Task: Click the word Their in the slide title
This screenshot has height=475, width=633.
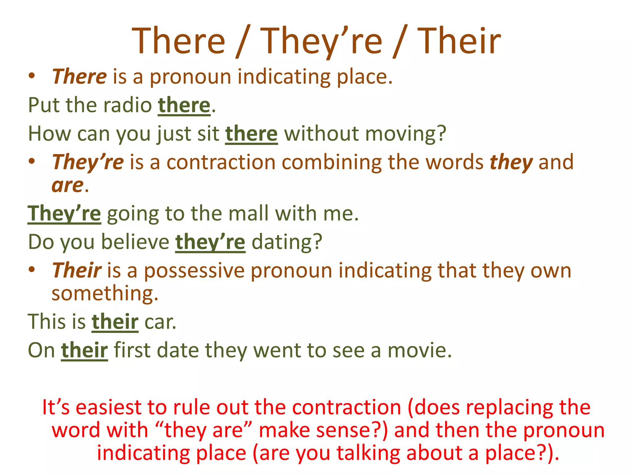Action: pyautogui.click(x=459, y=41)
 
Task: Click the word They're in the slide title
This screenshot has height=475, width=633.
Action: pyautogui.click(x=321, y=41)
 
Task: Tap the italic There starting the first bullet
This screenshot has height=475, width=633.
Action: pyautogui.click(x=79, y=76)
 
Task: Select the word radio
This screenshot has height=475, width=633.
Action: pyautogui.click(x=127, y=105)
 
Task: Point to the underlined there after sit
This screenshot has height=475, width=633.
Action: pyautogui.click(x=251, y=134)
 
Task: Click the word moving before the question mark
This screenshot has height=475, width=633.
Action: pyautogui.click(x=397, y=134)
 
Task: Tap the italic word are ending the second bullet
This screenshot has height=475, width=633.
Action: pyautogui.click(x=67, y=186)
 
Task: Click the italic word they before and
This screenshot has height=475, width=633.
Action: pyautogui.click(x=511, y=162)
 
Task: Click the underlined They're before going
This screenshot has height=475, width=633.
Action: pyautogui.click(x=64, y=213)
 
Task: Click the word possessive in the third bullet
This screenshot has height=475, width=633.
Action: pyautogui.click(x=194, y=270)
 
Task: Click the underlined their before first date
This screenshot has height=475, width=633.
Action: pyautogui.click(x=84, y=350)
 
